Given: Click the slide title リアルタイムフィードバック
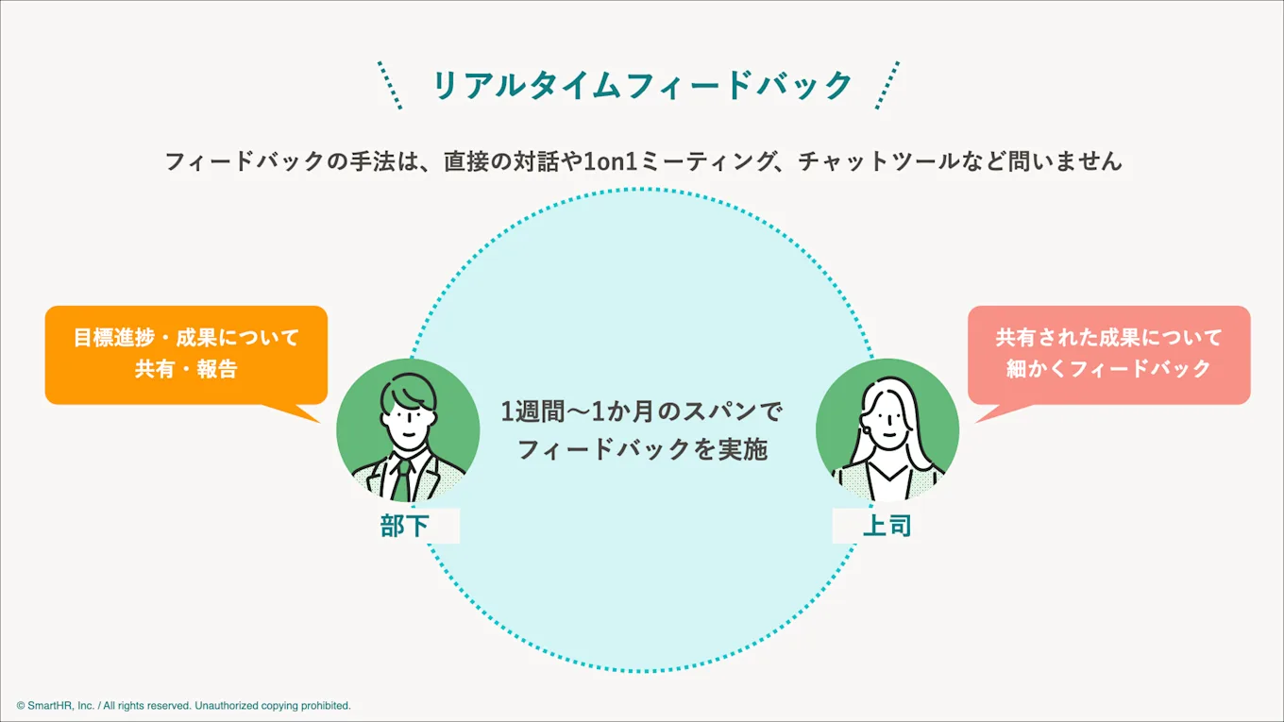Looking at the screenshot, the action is pos(642,86).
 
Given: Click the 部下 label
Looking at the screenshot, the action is pos(405,526).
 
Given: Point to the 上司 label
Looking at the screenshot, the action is pos(887,526).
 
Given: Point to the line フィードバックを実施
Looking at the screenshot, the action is pos(642,449).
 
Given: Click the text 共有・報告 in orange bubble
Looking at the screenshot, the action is pos(186,369).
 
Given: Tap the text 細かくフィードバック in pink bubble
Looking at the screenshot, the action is pos(1108,369).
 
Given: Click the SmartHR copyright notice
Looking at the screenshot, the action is pos(183,705).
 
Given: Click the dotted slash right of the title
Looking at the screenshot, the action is pos(887,86).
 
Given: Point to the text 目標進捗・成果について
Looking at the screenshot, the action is pos(186,337).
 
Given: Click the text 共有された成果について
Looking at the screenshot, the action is pos(1108,337).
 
